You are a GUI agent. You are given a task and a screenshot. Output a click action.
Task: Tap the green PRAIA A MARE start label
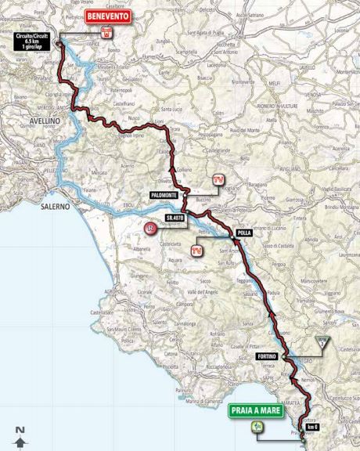[256, 409]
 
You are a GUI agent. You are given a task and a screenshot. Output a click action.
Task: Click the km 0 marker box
[312, 427]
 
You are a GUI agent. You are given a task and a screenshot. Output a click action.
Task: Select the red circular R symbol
[150, 228]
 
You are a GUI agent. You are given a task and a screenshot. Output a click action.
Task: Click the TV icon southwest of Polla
[196, 251]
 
